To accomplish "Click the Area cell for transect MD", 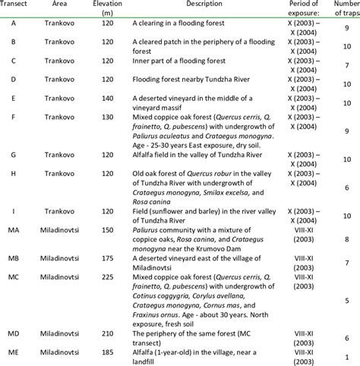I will pyautogui.click(x=65, y=333).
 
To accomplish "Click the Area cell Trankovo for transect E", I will pyautogui.click(x=65, y=98).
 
